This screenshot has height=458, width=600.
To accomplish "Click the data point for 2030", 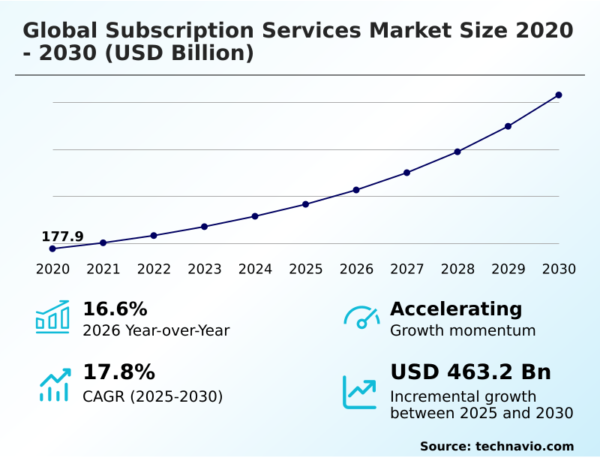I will click(x=559, y=95).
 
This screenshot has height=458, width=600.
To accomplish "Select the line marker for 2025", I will click(x=306, y=204).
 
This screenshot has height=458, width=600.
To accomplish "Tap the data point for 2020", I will click(x=52, y=249).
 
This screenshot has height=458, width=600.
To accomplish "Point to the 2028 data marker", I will click(x=457, y=152).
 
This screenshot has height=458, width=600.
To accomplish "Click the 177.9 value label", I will click(x=62, y=237).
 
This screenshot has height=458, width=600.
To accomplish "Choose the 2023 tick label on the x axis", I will click(x=205, y=270).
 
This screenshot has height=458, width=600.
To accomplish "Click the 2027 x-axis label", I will click(x=407, y=270).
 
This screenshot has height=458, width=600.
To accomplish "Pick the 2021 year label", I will click(x=103, y=270).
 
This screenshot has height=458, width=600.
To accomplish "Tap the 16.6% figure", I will click(x=115, y=309).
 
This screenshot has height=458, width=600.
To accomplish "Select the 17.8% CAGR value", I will click(x=118, y=372).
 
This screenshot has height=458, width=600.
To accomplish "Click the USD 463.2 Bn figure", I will click(x=470, y=372).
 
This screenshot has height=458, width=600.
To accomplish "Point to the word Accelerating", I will click(x=456, y=309).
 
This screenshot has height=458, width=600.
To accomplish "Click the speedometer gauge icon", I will click(x=361, y=318).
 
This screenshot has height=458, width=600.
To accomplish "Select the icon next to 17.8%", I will click(x=54, y=384).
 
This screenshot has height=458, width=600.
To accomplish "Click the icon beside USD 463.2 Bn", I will click(x=360, y=391).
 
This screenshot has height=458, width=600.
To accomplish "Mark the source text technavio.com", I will click(x=524, y=446).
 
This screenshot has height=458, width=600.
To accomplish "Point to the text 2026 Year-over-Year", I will click(x=156, y=330).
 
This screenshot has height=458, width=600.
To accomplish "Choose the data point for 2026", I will click(x=356, y=190).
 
